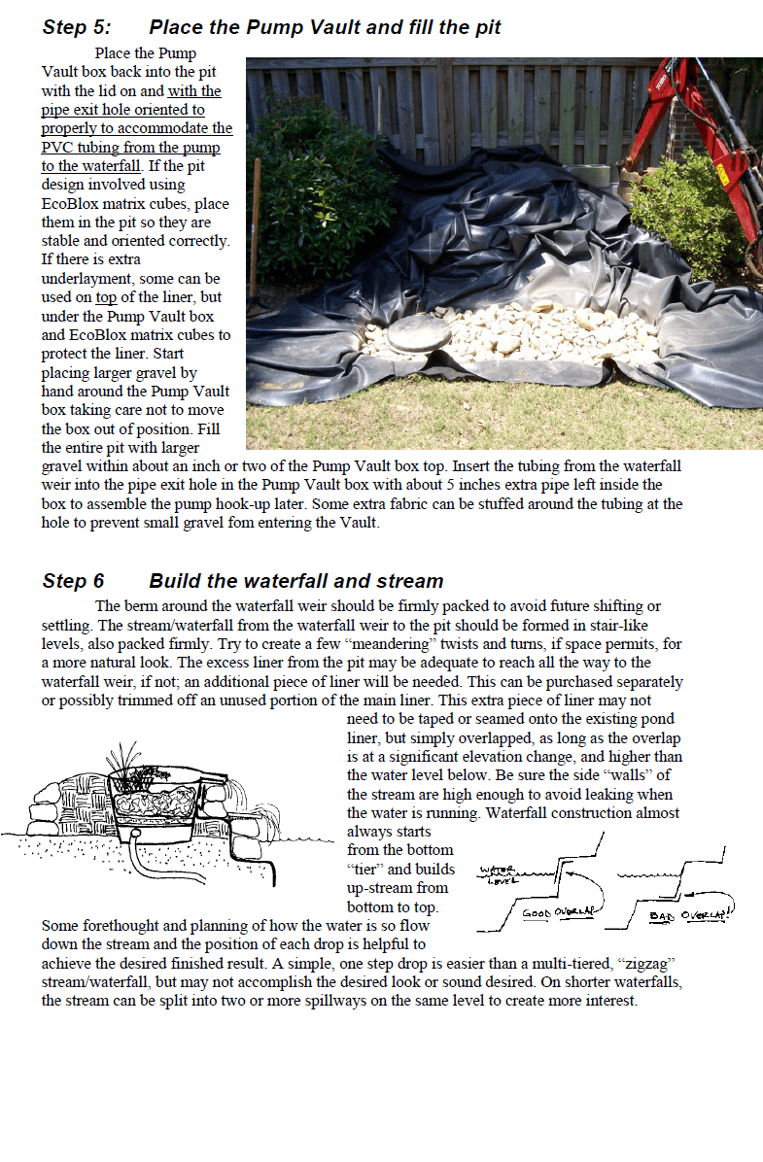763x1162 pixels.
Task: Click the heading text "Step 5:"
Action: [76, 27]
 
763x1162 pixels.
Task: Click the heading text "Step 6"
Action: [73, 581]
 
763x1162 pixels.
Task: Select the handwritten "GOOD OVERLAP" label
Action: [559, 913]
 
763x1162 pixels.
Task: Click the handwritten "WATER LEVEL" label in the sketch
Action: [499, 875]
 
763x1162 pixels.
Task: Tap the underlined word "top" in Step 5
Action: [106, 297]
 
